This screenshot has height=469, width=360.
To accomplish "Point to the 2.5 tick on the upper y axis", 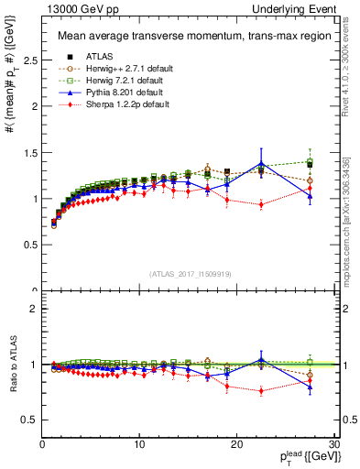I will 27,60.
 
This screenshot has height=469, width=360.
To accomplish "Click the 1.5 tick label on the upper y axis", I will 27,152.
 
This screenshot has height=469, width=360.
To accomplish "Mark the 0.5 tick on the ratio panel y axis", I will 27,420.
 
